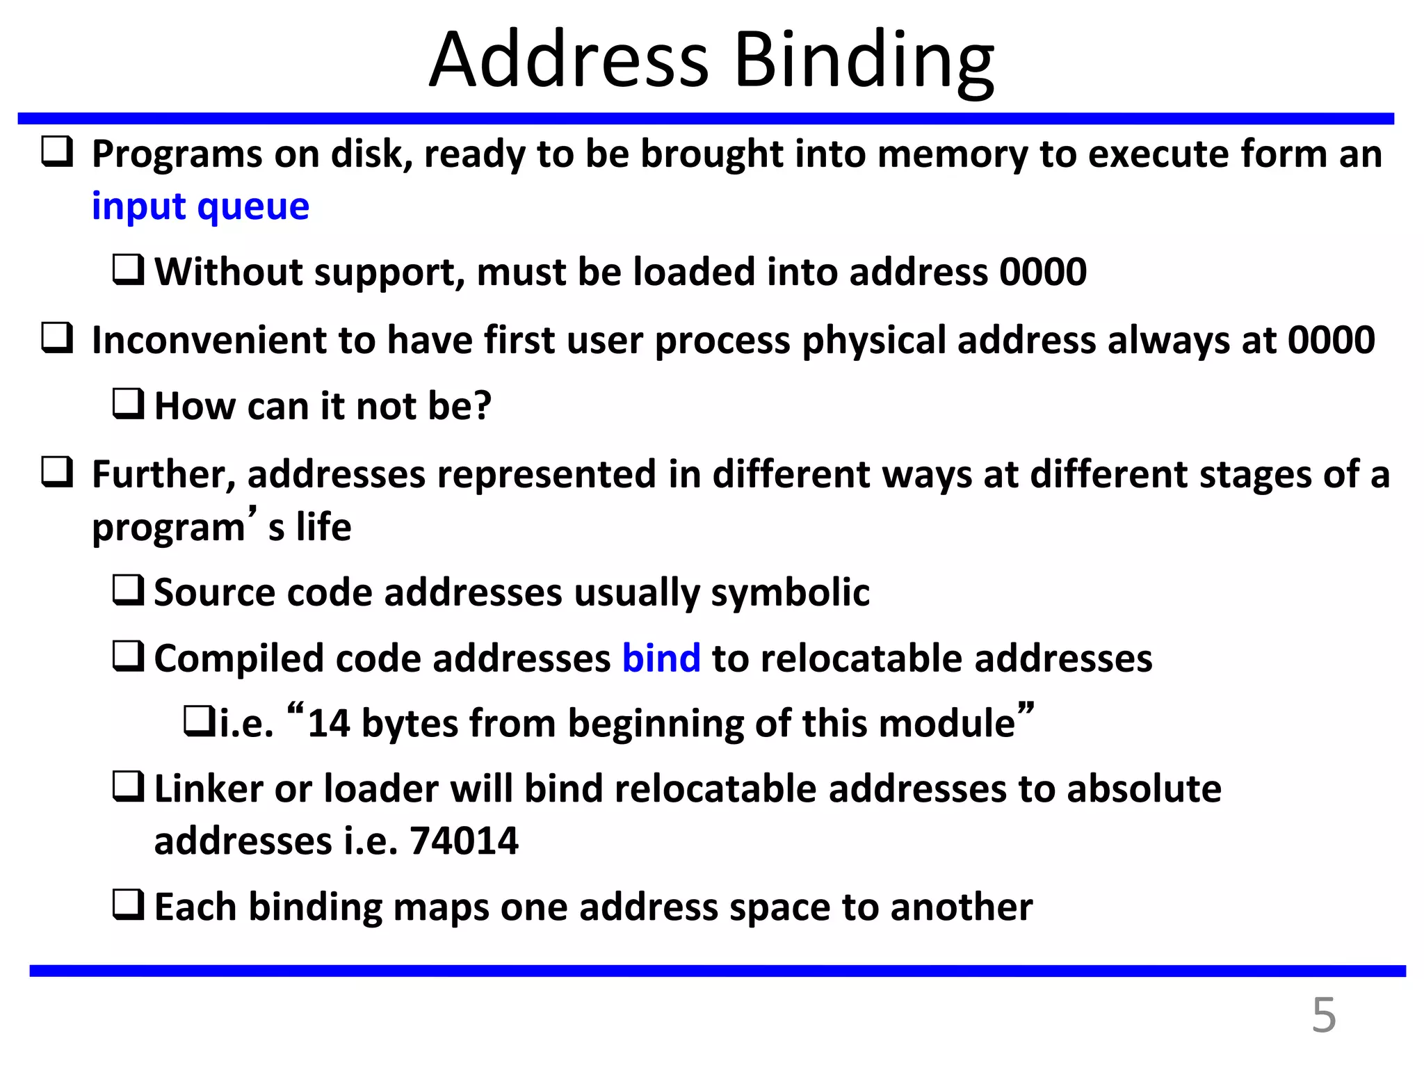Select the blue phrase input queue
200,207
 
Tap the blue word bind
661,658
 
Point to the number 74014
464,841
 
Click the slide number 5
1323,1016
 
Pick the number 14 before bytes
328,723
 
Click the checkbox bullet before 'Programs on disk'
57,152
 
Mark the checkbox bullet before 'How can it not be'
128,404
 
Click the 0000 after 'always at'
1331,341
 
